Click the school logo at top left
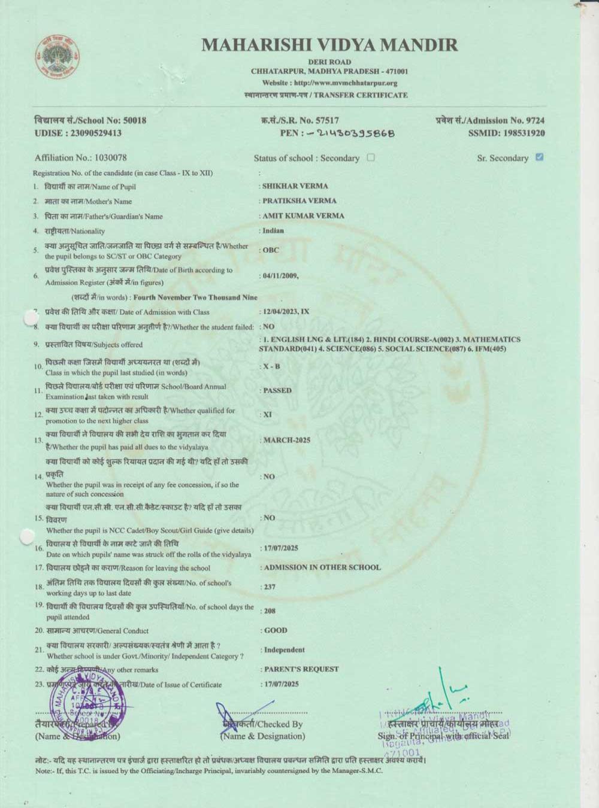click(x=57, y=58)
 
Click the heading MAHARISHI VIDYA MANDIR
click(x=329, y=45)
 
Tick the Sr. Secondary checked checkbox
click(x=540, y=157)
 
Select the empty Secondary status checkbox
click(x=371, y=157)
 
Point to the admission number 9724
click(x=534, y=120)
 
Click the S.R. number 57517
click(x=327, y=120)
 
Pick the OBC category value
click(x=271, y=250)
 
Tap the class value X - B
click(x=272, y=366)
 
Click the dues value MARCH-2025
click(x=287, y=440)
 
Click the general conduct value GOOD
click(x=276, y=630)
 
